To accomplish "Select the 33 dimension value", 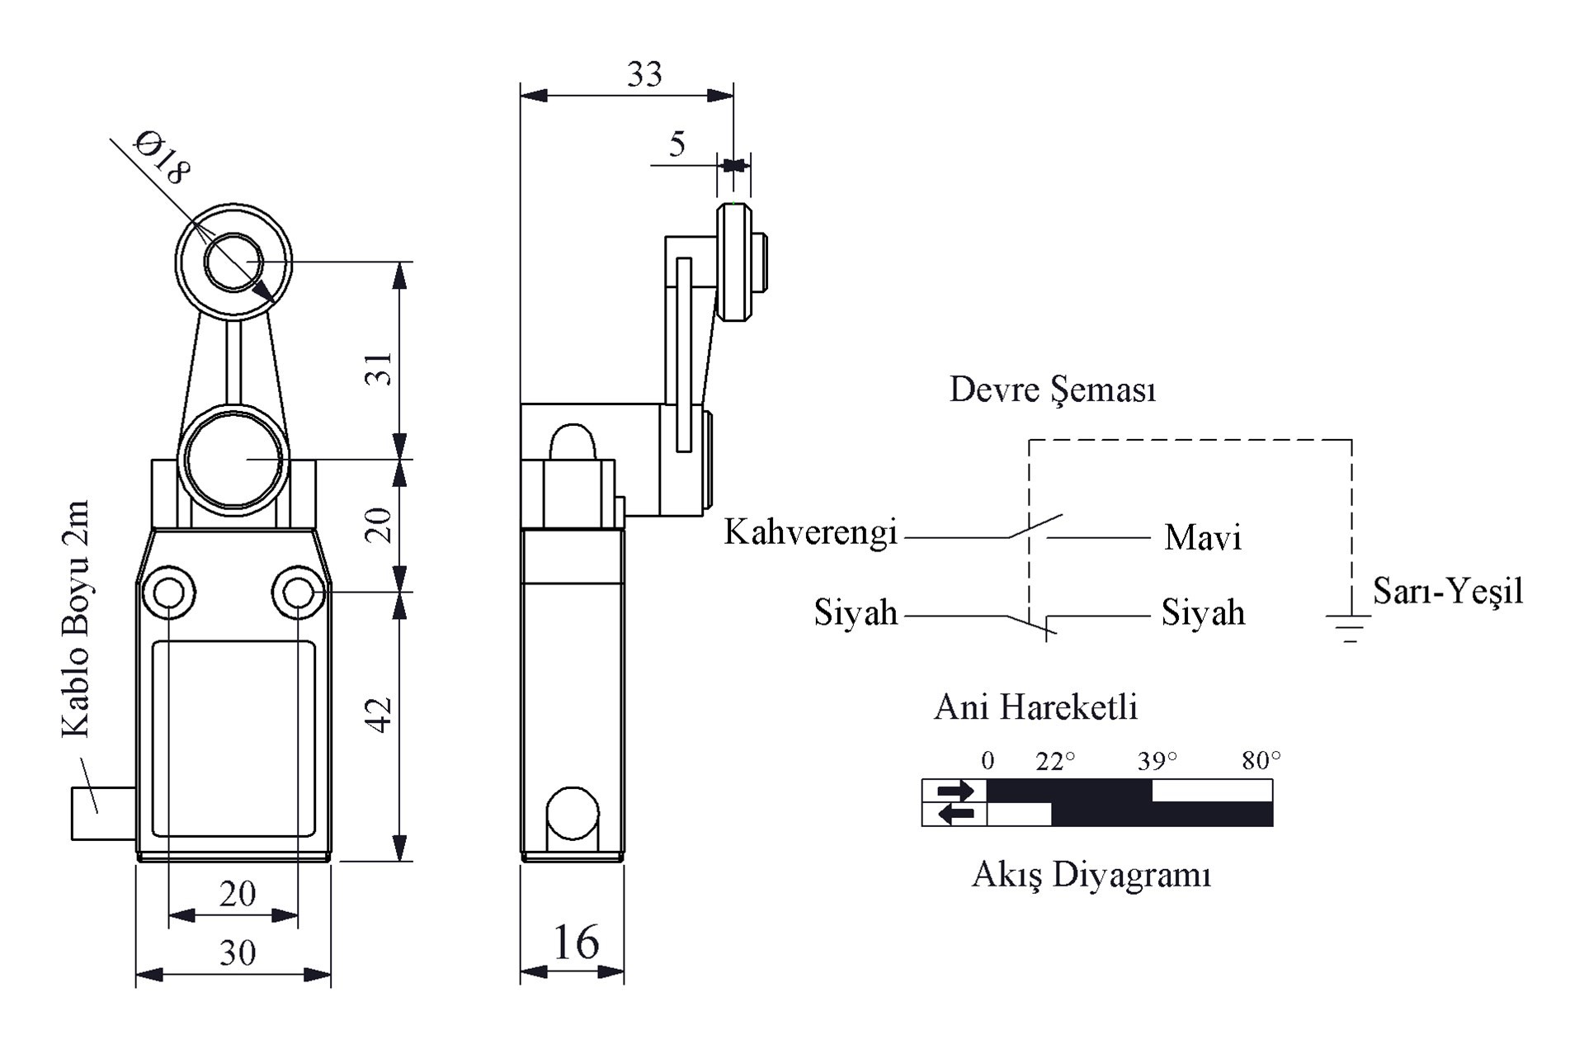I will [644, 75].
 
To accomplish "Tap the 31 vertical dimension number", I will [379, 369].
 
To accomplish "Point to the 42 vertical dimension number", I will [379, 715].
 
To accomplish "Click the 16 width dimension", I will [575, 943].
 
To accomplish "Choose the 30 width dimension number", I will [238, 953].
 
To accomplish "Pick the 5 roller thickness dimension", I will [677, 144].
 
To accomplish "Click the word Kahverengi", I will [810, 533].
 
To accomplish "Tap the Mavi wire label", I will [1202, 538].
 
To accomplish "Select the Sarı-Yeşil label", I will [1447, 591].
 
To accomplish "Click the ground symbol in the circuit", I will [1349, 628].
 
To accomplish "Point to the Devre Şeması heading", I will [1052, 390].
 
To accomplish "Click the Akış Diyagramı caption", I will [1091, 874].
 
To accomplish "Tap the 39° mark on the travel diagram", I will [1157, 761].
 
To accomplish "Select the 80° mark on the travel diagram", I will [1261, 760].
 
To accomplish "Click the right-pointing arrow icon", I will [955, 791].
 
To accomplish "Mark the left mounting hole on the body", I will [169, 592].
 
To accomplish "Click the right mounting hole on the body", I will [298, 592].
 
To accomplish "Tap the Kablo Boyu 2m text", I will [76, 619].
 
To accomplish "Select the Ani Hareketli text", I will [1035, 707].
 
